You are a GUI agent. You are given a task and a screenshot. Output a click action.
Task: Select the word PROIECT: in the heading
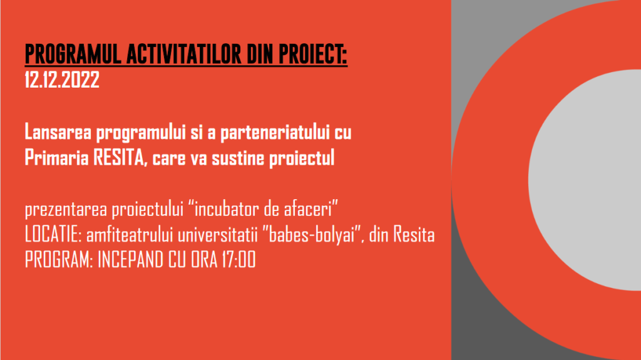[x=313, y=54]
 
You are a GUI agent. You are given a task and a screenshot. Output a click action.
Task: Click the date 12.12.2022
[x=62, y=80]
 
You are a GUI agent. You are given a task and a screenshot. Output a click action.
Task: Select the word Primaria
[x=57, y=158]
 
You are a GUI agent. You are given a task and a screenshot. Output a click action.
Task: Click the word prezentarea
[x=66, y=210]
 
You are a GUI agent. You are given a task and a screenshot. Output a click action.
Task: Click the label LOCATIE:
[x=54, y=234]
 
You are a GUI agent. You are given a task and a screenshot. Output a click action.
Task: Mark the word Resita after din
[x=414, y=235]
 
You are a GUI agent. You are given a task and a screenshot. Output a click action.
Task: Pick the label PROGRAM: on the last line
[x=59, y=260]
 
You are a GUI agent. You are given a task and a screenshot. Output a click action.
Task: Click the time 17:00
[x=238, y=260]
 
